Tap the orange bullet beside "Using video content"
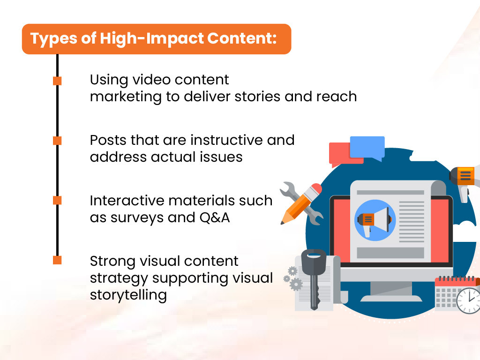coord(57,81)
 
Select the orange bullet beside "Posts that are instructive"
coord(57,140)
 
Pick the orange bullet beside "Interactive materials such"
coord(57,200)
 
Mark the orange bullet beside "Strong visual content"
coord(57,260)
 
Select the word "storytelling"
coord(128,295)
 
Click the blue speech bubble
coord(367,147)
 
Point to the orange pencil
coord(301,203)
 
